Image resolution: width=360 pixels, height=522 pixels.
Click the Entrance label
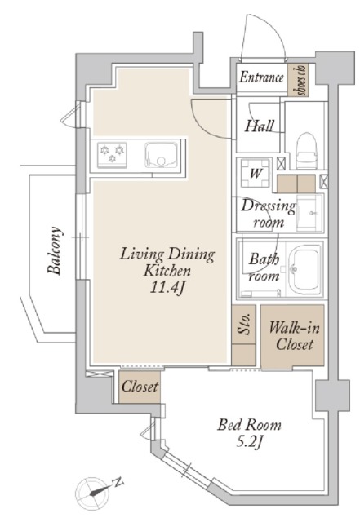[261, 77]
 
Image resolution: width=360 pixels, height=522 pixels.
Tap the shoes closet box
[298, 80]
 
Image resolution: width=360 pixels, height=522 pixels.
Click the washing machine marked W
[256, 173]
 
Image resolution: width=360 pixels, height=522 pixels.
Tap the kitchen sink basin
[160, 155]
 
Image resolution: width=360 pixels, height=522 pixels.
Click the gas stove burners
[112, 154]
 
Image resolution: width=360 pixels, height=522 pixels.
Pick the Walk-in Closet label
[295, 336]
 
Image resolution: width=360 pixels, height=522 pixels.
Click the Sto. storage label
[244, 324]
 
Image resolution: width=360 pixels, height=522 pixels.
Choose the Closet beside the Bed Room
[140, 387]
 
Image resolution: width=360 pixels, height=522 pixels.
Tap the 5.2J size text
[250, 442]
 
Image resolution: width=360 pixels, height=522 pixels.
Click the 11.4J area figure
[167, 288]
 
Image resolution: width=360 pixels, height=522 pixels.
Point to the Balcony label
[55, 250]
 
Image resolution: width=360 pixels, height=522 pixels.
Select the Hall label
[260, 126]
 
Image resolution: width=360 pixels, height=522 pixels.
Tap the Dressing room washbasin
[309, 212]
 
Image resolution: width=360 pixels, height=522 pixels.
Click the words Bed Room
[249, 425]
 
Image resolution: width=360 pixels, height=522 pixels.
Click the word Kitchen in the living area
[167, 270]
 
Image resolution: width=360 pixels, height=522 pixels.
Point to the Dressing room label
[269, 214]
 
